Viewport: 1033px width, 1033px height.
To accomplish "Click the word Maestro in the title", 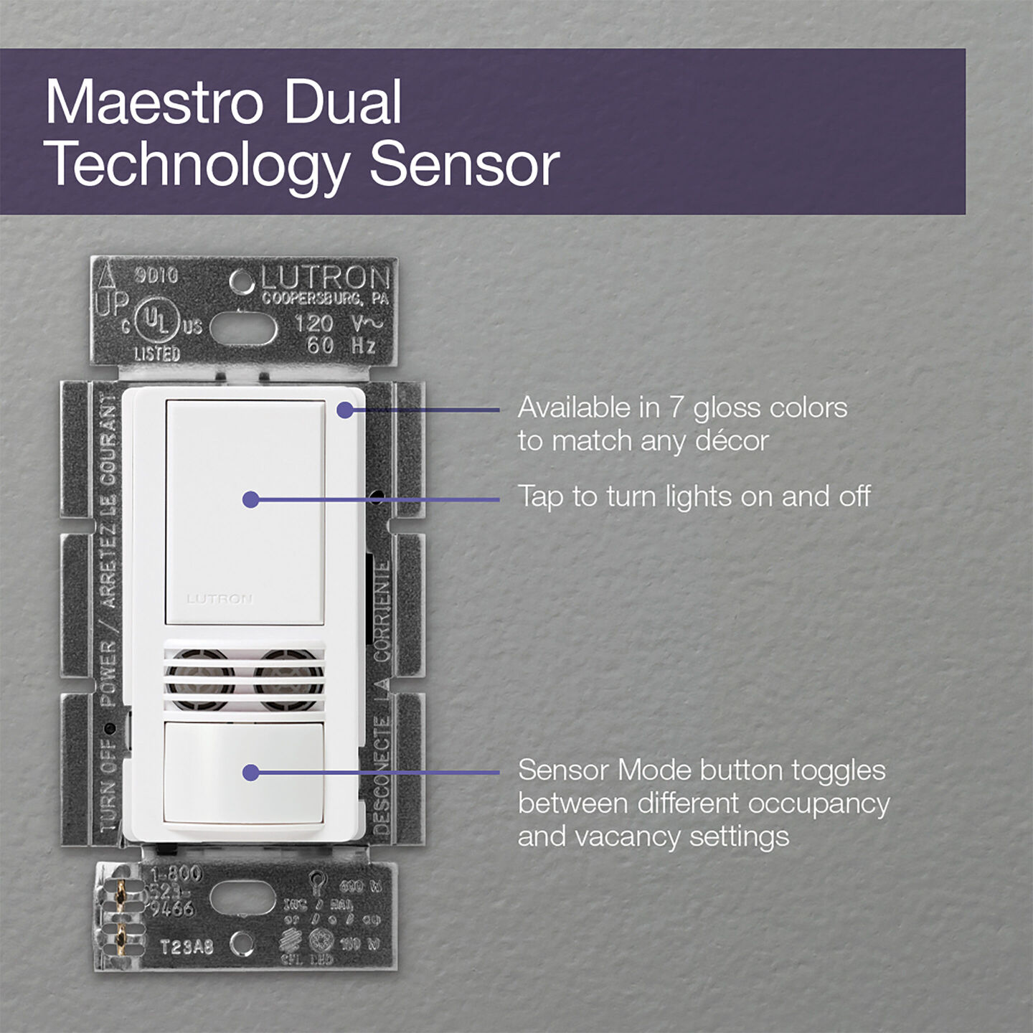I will pyautogui.click(x=155, y=102).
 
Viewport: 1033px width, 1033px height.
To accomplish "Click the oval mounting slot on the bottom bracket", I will pyautogui.click(x=242, y=899).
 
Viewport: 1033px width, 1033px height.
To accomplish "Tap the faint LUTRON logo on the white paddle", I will pyautogui.click(x=220, y=598).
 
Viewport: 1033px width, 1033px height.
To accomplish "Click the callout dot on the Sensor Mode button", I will pyautogui.click(x=250, y=773).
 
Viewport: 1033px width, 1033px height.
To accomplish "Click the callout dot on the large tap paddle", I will pyautogui.click(x=250, y=499).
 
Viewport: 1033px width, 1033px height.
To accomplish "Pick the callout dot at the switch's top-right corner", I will pyautogui.click(x=345, y=410).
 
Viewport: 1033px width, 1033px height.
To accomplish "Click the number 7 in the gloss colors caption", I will pyautogui.click(x=676, y=407).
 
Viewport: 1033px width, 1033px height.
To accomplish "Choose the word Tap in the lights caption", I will pyautogui.click(x=540, y=497).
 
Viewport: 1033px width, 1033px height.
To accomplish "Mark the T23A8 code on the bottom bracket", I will pyautogui.click(x=187, y=947).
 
